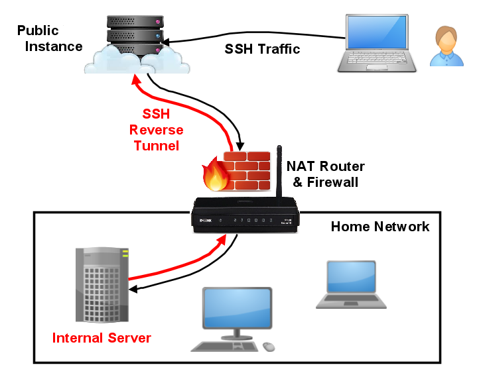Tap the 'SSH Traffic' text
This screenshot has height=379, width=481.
tap(262, 49)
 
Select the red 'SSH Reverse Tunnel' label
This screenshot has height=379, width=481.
tap(157, 129)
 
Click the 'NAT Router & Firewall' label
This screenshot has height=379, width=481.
tap(325, 174)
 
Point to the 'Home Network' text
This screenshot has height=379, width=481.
tap(379, 227)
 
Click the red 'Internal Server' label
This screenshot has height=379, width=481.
tap(102, 338)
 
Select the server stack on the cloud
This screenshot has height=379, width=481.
tap(137, 30)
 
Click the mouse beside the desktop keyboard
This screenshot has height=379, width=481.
tap(269, 347)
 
